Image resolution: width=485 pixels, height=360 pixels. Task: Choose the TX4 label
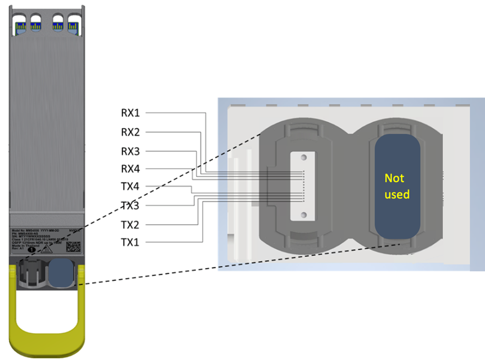(129, 187)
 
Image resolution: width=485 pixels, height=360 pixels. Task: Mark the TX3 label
(129, 206)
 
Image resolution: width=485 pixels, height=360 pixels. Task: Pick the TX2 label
(129, 225)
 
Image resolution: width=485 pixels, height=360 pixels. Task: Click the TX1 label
(129, 242)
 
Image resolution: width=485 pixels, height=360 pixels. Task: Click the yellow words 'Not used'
(397, 186)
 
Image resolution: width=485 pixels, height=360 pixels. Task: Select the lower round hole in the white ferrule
(304, 215)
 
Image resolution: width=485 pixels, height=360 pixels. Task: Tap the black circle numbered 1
(32, 249)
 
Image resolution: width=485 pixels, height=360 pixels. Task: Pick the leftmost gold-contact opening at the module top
(21, 25)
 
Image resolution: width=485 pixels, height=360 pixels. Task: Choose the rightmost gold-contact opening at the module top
(72, 25)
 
